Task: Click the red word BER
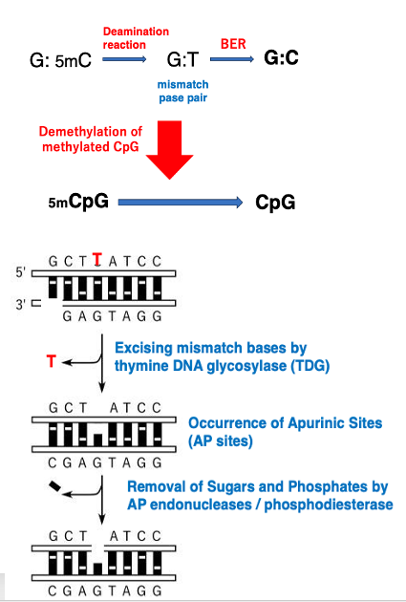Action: pyautogui.click(x=233, y=44)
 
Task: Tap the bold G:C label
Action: pyautogui.click(x=281, y=58)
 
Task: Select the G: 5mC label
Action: pyautogui.click(x=60, y=60)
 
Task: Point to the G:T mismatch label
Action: pyautogui.click(x=182, y=59)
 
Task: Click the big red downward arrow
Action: pyautogui.click(x=169, y=150)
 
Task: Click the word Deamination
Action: pyautogui.click(x=136, y=32)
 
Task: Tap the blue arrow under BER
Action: pyautogui.click(x=232, y=59)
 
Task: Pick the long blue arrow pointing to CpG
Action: pyautogui.click(x=181, y=202)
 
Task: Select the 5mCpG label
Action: pyautogui.click(x=78, y=201)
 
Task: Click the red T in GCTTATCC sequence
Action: pyautogui.click(x=97, y=260)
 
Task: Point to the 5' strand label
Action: pyautogui.click(x=20, y=272)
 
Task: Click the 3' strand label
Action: pyautogui.click(x=21, y=305)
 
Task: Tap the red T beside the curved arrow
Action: pyautogui.click(x=51, y=361)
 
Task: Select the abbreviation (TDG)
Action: pyautogui.click(x=310, y=365)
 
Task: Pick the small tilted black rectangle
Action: pyautogui.click(x=54, y=486)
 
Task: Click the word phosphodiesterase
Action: pyautogui.click(x=329, y=505)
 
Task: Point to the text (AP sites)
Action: pyautogui.click(x=221, y=441)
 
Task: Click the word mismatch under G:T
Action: pyautogui.click(x=183, y=84)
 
